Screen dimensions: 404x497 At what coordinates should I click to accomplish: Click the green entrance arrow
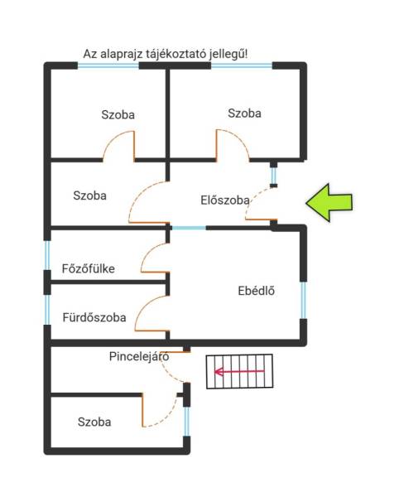[x=329, y=203]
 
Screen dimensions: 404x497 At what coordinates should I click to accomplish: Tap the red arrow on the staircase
[x=239, y=371]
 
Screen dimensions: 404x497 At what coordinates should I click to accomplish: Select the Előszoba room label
[x=225, y=200]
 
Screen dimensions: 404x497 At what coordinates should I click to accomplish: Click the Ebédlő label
[x=257, y=291]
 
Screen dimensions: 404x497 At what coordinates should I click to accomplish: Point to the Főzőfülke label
[x=88, y=268]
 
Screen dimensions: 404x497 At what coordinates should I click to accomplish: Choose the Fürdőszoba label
[x=94, y=317]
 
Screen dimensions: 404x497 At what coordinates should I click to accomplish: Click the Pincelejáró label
[x=139, y=356]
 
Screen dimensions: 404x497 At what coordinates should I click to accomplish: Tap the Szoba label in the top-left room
[x=118, y=115]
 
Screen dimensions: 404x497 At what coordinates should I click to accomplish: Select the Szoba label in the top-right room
[x=244, y=113]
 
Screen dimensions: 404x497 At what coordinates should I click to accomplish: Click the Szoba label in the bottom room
[x=94, y=422]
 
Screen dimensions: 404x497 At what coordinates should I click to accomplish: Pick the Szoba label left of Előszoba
[x=89, y=195]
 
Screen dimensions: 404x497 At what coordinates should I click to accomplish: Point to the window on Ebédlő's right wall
[x=303, y=300]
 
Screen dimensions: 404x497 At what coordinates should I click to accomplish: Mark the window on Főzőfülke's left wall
[x=47, y=255]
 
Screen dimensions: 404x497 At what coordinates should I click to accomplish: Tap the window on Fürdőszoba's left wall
[x=47, y=310]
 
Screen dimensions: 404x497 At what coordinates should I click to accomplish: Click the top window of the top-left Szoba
[x=108, y=66]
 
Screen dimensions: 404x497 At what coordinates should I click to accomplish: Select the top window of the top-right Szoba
[x=242, y=66]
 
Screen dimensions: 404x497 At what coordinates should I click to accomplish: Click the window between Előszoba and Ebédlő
[x=189, y=228]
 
